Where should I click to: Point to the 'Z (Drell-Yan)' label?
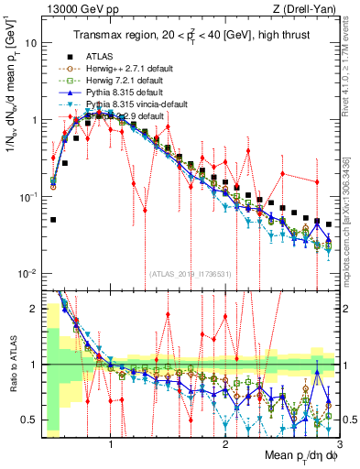[x=309, y=8]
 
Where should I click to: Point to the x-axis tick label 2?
[x=225, y=444]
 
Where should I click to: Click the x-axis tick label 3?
[x=339, y=444]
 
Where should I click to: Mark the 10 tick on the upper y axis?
[x=30, y=43]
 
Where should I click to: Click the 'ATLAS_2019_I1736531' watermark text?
[x=188, y=272]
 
